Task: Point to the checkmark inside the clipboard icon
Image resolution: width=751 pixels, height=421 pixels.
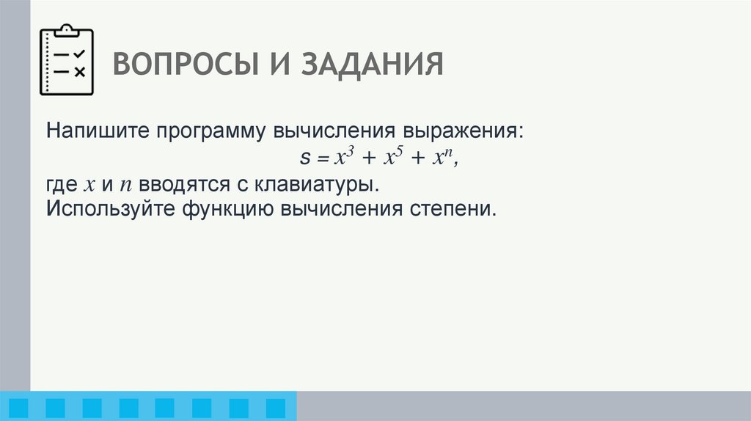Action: (80, 54)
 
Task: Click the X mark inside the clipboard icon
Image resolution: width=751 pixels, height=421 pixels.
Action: (80, 71)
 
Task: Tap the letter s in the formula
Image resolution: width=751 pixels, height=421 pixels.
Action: (305, 158)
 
